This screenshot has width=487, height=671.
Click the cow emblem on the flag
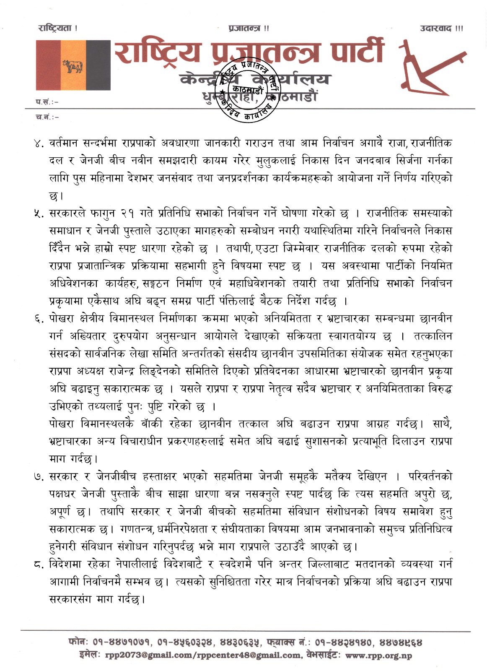point(73,66)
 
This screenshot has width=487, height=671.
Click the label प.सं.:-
point(47,101)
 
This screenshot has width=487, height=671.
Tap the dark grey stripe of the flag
point(98,65)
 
